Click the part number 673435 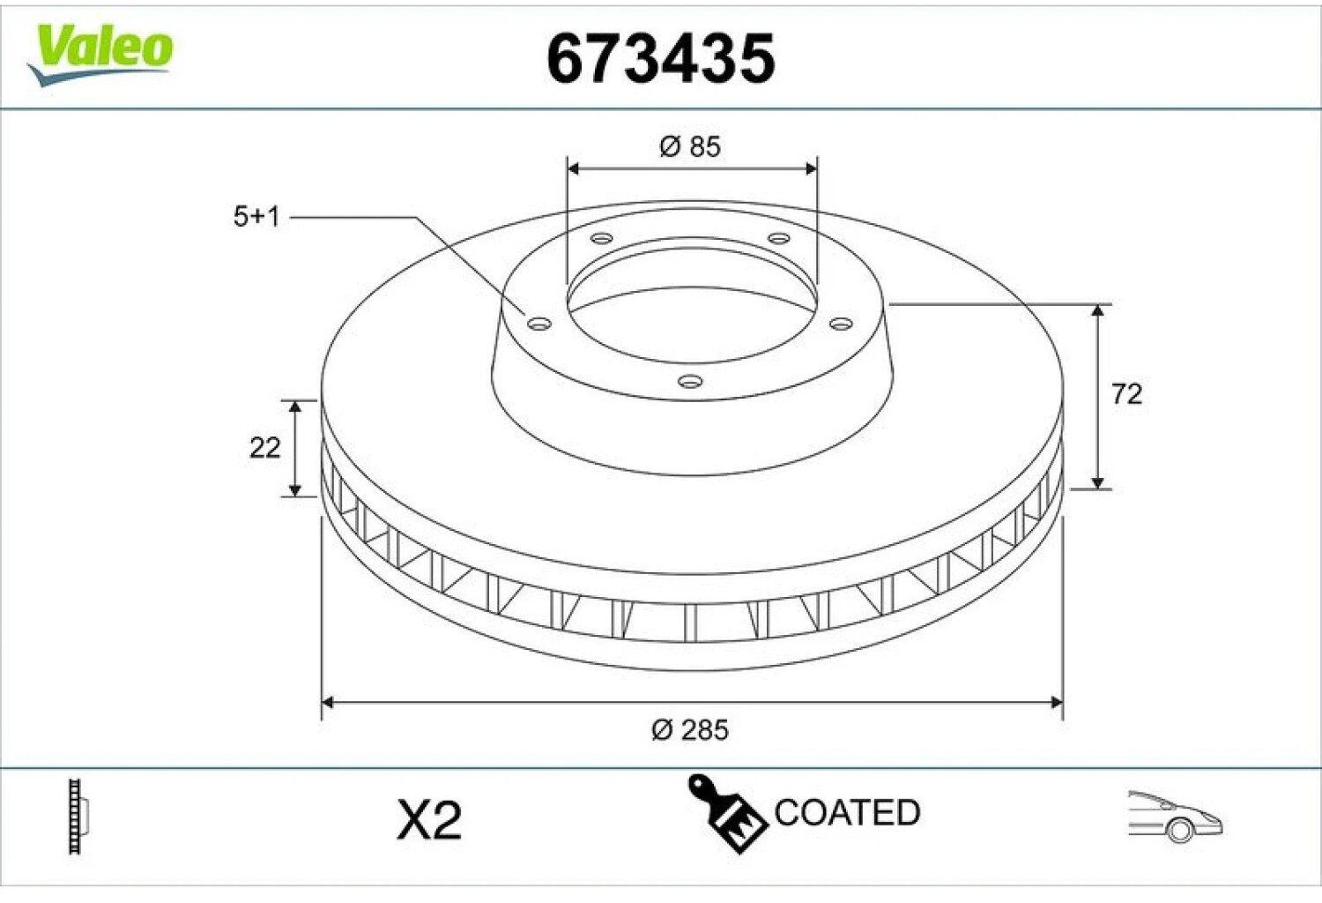660,58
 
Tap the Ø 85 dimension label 690,146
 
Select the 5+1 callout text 256,217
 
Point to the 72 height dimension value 1126,394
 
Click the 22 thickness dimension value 264,448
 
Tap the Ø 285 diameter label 690,730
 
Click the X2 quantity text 429,820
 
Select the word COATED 847,813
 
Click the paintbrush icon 727,813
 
